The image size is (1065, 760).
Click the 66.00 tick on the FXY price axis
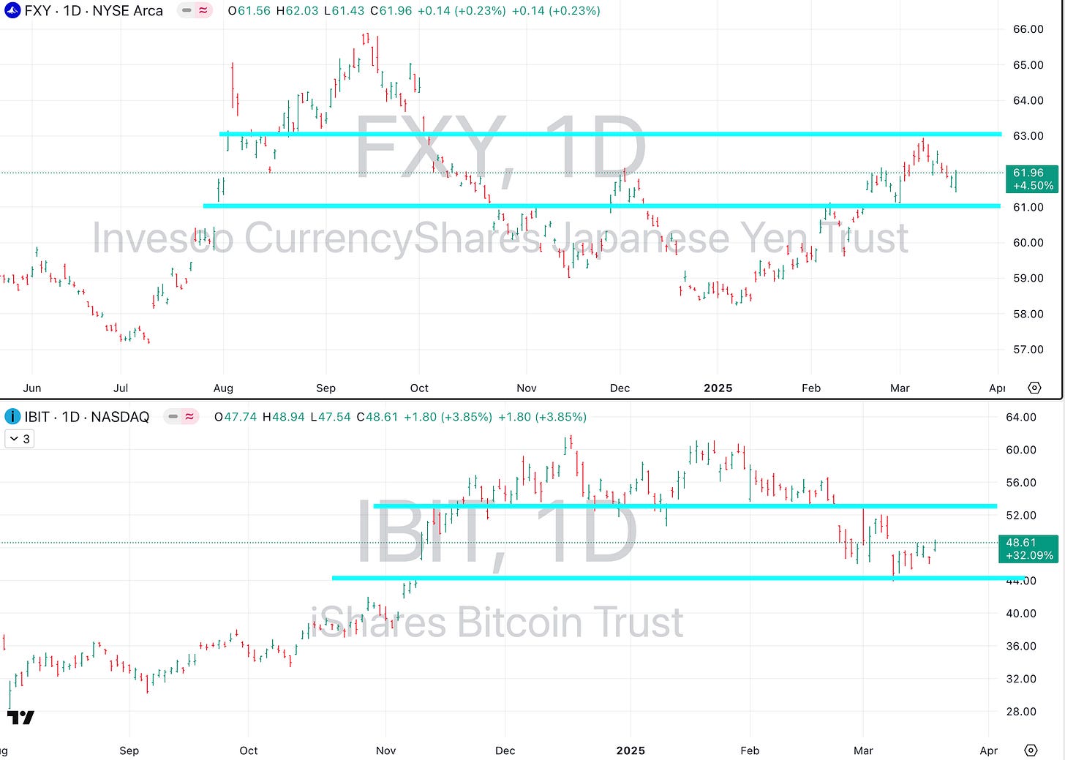pyautogui.click(x=1028, y=29)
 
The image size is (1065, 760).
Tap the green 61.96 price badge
pyautogui.click(x=1031, y=179)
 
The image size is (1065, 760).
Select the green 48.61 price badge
pyautogui.click(x=1028, y=549)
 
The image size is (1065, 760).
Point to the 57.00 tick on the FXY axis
pyautogui.click(x=1028, y=350)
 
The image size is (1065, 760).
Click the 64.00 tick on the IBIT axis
pyautogui.click(x=1021, y=417)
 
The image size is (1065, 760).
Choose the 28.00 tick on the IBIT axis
pyautogui.click(x=1021, y=711)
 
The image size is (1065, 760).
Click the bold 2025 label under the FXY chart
pyautogui.click(x=718, y=388)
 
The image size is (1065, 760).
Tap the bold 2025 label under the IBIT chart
pyautogui.click(x=631, y=750)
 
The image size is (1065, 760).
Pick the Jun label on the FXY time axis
pyautogui.click(x=32, y=388)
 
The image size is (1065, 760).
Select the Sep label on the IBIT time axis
pyautogui.click(x=129, y=750)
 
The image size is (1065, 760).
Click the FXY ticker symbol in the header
pyautogui.click(x=37, y=11)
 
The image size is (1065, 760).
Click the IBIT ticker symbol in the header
pyautogui.click(x=37, y=417)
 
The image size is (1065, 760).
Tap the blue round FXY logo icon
pyautogui.click(x=12, y=11)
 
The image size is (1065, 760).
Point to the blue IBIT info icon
pyautogui.click(x=12, y=417)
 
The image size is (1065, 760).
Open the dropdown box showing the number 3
pyautogui.click(x=20, y=439)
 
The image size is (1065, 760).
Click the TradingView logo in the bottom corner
pyautogui.click(x=21, y=717)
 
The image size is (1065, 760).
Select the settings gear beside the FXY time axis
pyautogui.click(x=1034, y=388)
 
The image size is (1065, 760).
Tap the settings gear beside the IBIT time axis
pyautogui.click(x=1031, y=750)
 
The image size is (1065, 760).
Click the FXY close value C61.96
pyautogui.click(x=391, y=11)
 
